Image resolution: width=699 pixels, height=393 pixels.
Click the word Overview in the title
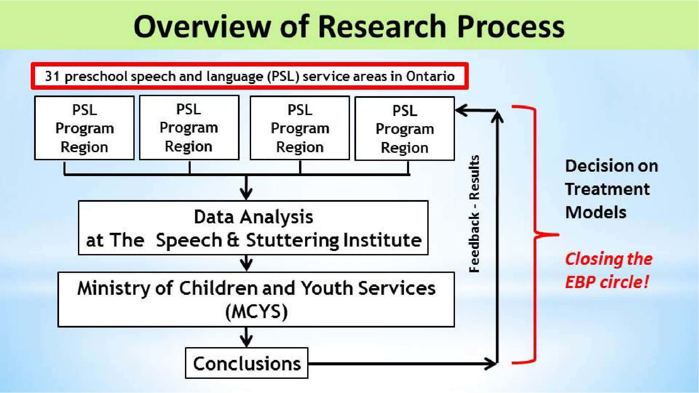pyautogui.click(x=202, y=26)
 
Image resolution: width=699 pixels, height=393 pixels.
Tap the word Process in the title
pyautogui.click(x=511, y=26)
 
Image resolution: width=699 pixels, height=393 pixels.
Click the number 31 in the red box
pyautogui.click(x=52, y=76)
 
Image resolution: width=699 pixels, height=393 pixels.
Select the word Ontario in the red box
pyautogui.click(x=430, y=76)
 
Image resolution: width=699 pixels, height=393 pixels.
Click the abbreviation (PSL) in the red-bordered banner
pyautogui.click(x=283, y=77)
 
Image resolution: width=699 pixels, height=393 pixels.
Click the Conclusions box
pyautogui.click(x=247, y=363)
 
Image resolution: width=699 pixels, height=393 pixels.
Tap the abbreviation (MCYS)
pyautogui.click(x=257, y=311)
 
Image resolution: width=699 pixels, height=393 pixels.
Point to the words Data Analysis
pyautogui.click(x=253, y=217)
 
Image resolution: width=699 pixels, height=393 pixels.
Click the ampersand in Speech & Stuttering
pyautogui.click(x=233, y=240)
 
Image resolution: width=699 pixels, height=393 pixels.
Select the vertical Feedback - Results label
pyautogui.click(x=474, y=214)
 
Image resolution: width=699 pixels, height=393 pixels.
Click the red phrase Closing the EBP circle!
pyautogui.click(x=609, y=270)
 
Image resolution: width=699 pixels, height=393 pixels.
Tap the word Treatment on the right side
pyautogui.click(x=607, y=189)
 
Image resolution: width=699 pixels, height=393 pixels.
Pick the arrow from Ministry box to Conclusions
pyautogui.click(x=247, y=337)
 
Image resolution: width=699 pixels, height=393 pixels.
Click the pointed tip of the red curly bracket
pyautogui.click(x=558, y=234)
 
